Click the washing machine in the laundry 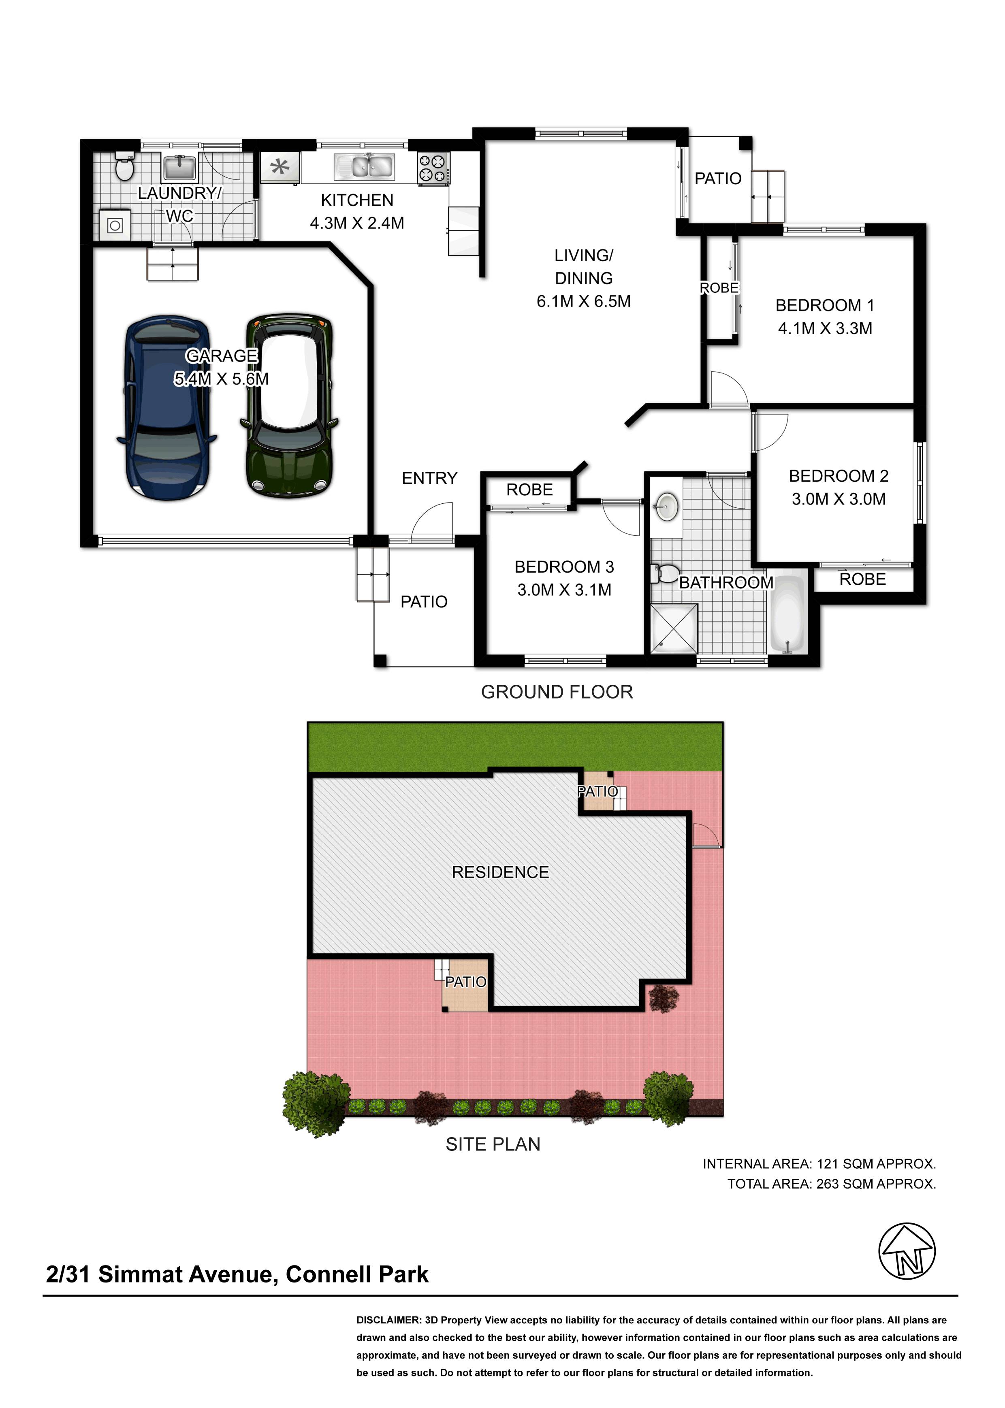115,225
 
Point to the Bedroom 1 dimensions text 825,328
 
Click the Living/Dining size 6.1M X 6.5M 584,301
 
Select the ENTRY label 429,478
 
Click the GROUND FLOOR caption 557,692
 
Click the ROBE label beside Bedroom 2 863,579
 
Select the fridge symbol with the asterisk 280,167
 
